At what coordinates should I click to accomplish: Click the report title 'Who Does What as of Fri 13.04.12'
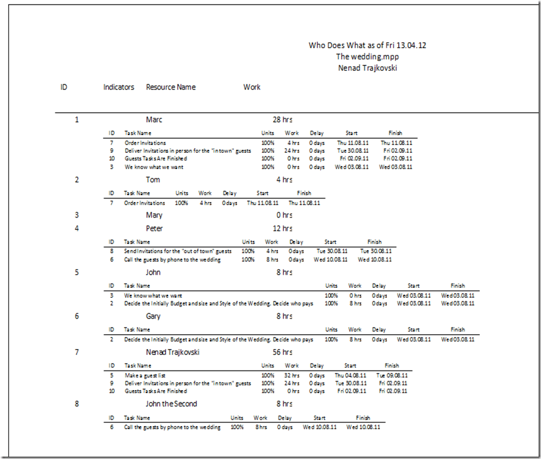367,45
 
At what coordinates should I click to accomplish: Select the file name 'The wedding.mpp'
367,56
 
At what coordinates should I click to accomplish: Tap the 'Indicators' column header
118,87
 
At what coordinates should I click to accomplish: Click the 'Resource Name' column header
171,87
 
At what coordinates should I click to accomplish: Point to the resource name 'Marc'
154,120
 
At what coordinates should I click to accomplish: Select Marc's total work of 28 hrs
283,120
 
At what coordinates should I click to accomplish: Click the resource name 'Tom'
153,180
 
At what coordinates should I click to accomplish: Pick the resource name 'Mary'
154,215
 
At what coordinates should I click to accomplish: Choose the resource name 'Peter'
154,228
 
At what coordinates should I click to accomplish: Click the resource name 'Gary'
154,316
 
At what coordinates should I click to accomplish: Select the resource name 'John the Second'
171,404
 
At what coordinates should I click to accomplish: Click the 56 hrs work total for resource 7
283,353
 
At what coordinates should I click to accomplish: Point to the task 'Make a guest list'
145,376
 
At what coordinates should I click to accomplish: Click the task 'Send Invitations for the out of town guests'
177,251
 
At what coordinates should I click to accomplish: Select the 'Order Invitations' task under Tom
145,203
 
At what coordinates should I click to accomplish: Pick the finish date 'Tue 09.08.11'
392,376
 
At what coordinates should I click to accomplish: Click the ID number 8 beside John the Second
77,404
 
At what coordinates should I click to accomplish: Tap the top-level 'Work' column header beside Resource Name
252,87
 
